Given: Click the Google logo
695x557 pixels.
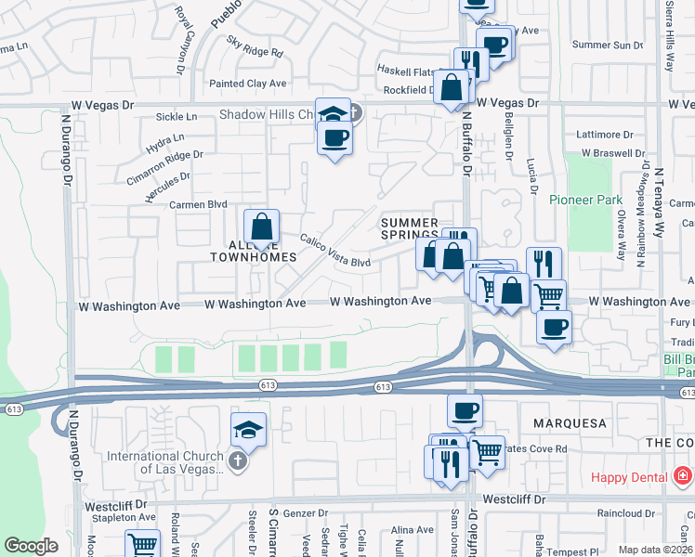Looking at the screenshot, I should coord(31,546).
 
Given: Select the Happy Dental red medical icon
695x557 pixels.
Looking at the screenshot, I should coord(683,476).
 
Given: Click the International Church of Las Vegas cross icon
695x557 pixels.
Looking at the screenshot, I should coord(238,461).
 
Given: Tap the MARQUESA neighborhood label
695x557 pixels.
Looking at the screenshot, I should coord(570,423).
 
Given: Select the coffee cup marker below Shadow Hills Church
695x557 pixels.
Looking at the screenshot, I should coord(334,138).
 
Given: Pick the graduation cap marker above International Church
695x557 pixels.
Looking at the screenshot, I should coord(249,430).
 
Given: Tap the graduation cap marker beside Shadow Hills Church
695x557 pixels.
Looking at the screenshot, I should coord(332,114).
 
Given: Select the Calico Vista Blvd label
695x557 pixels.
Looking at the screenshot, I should coord(334,251).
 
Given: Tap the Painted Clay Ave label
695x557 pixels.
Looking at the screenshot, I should coord(247,84).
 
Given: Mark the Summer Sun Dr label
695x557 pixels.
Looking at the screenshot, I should coord(608,45).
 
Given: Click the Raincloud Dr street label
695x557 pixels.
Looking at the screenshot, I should coord(629,512).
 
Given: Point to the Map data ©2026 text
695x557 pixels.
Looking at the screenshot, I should coord(655,550).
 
